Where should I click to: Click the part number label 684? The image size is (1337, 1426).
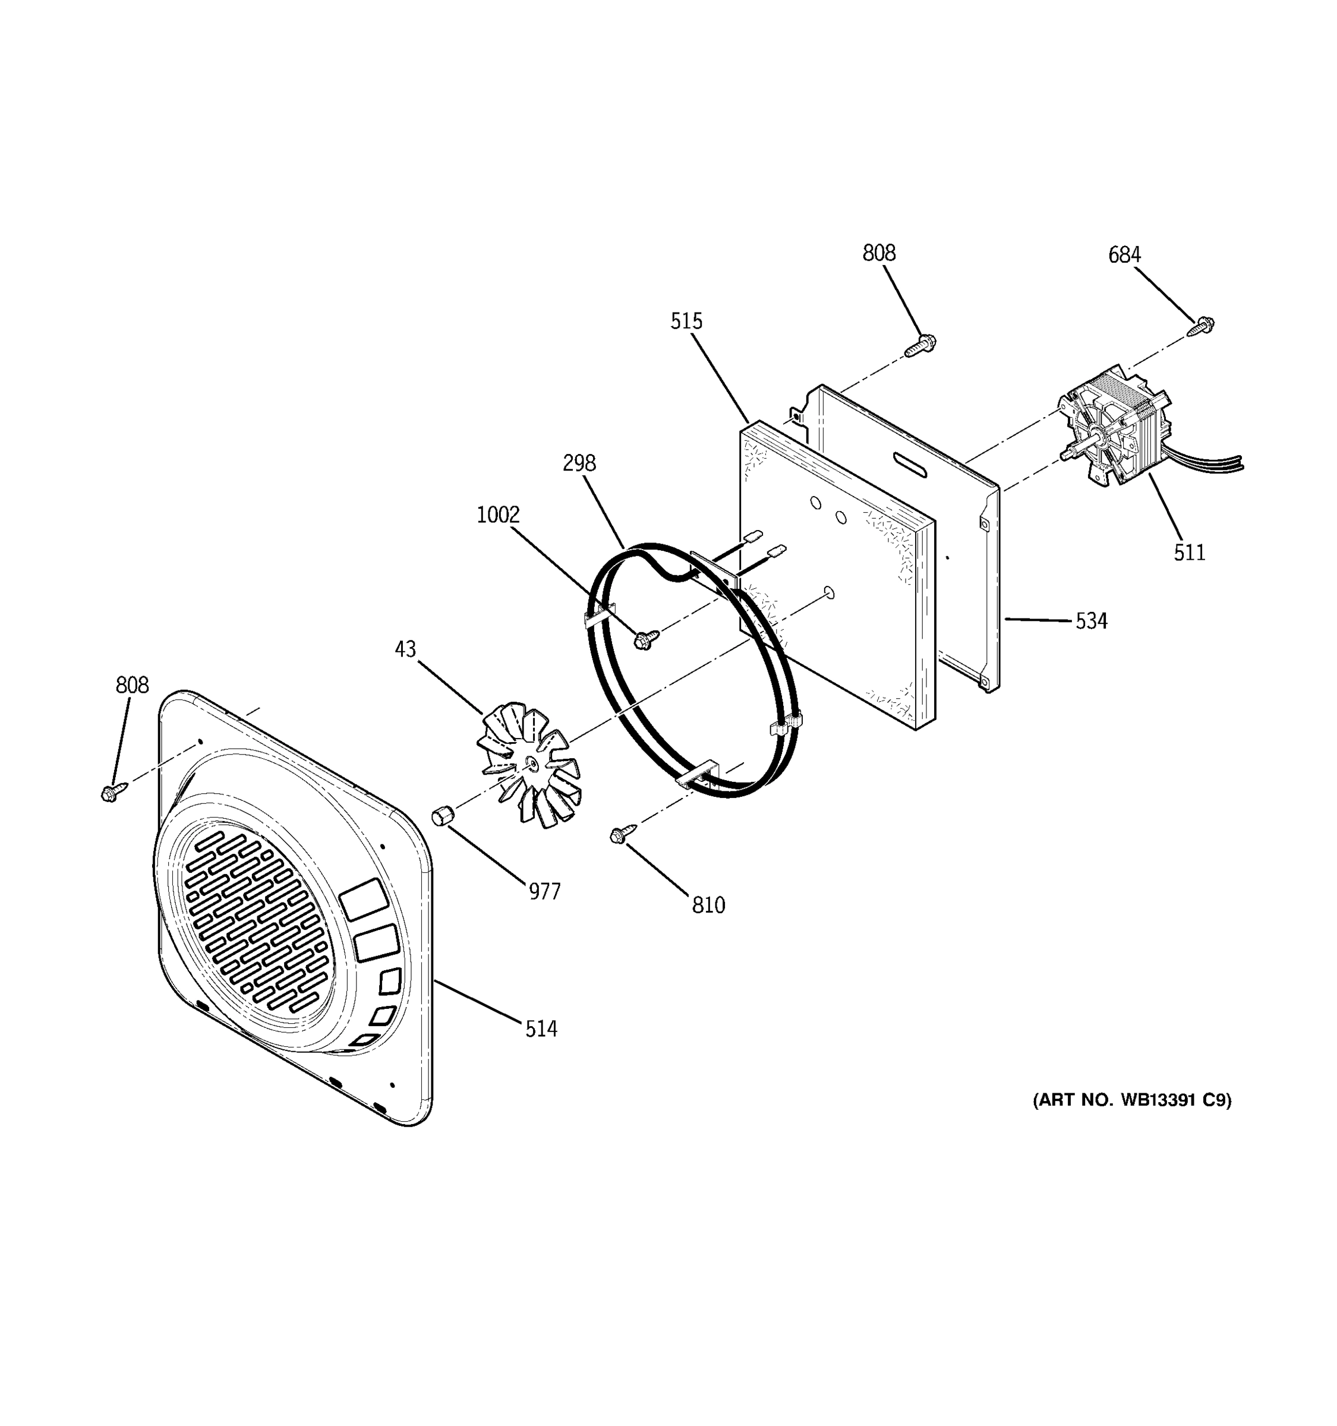click(x=1124, y=255)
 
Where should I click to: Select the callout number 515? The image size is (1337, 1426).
click(x=686, y=321)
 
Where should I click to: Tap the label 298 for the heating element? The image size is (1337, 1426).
click(x=579, y=463)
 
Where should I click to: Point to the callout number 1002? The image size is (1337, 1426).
click(x=498, y=515)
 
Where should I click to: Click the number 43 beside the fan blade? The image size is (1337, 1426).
click(x=405, y=649)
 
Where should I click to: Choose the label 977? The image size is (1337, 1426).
click(x=544, y=892)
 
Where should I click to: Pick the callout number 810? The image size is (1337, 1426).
click(x=708, y=906)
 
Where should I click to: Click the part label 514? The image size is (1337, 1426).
click(x=541, y=1029)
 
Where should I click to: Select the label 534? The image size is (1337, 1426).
click(x=1091, y=621)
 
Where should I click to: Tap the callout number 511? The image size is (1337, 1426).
click(x=1189, y=553)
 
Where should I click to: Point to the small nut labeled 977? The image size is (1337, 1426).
click(x=441, y=816)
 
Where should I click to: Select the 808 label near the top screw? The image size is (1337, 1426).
click(x=879, y=253)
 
